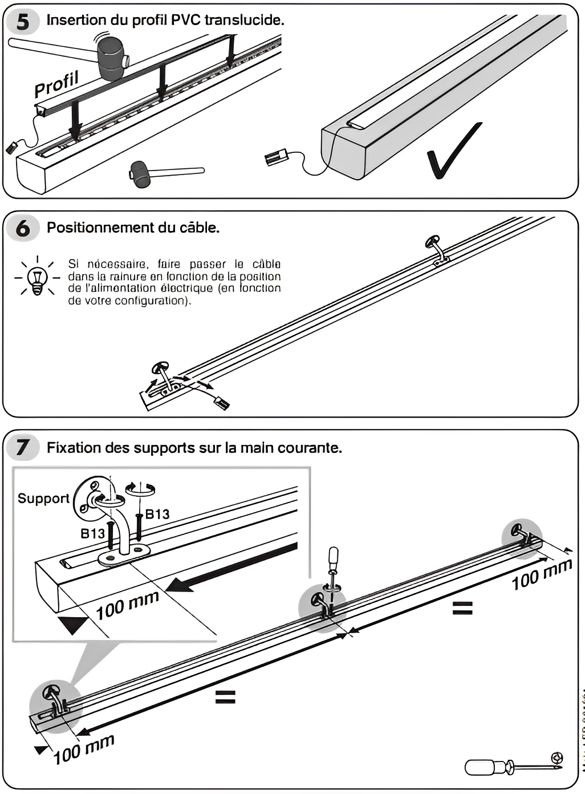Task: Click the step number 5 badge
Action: coord(23,22)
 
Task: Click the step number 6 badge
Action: coord(23,228)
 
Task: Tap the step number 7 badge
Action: coord(23,447)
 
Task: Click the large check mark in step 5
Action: coord(453,151)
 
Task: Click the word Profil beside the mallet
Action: coord(56,84)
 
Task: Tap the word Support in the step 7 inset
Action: coord(43,498)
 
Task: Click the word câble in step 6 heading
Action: coord(201,228)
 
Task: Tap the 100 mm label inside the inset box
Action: coord(127,606)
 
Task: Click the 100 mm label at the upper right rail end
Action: coord(541,574)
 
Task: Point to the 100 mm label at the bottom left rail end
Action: coord(84,750)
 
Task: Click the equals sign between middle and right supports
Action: coord(462,609)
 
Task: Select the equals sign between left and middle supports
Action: coord(225,696)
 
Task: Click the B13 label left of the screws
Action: coord(92,533)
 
